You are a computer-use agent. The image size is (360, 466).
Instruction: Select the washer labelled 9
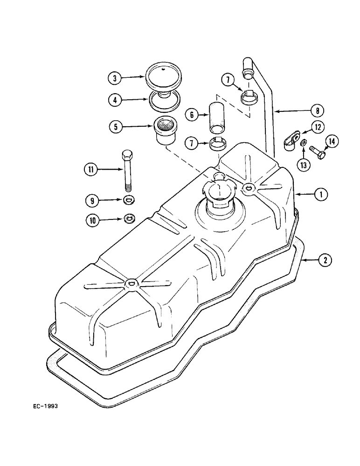pos(127,201)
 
